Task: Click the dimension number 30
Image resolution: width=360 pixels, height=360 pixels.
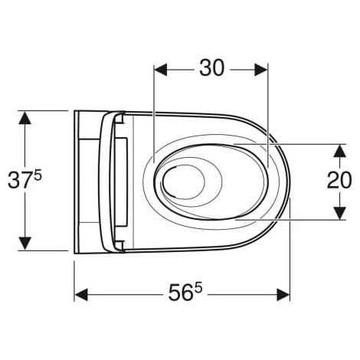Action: [x=211, y=68]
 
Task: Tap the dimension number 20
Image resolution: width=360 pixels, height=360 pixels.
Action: [x=339, y=180]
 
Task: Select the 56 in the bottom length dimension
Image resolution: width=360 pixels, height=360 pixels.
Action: [x=180, y=293]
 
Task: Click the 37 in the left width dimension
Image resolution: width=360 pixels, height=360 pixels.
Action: [x=20, y=180]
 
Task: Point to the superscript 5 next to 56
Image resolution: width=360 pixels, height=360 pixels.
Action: [x=198, y=289]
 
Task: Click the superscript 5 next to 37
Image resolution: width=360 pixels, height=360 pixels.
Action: [x=38, y=176]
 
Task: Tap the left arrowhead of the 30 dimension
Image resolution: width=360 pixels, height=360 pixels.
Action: [x=161, y=70]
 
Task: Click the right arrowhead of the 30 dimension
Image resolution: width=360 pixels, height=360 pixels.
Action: [x=261, y=70]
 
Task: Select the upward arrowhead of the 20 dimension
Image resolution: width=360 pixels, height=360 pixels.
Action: [x=340, y=151]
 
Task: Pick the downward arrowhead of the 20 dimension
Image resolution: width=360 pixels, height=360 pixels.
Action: [x=340, y=213]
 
